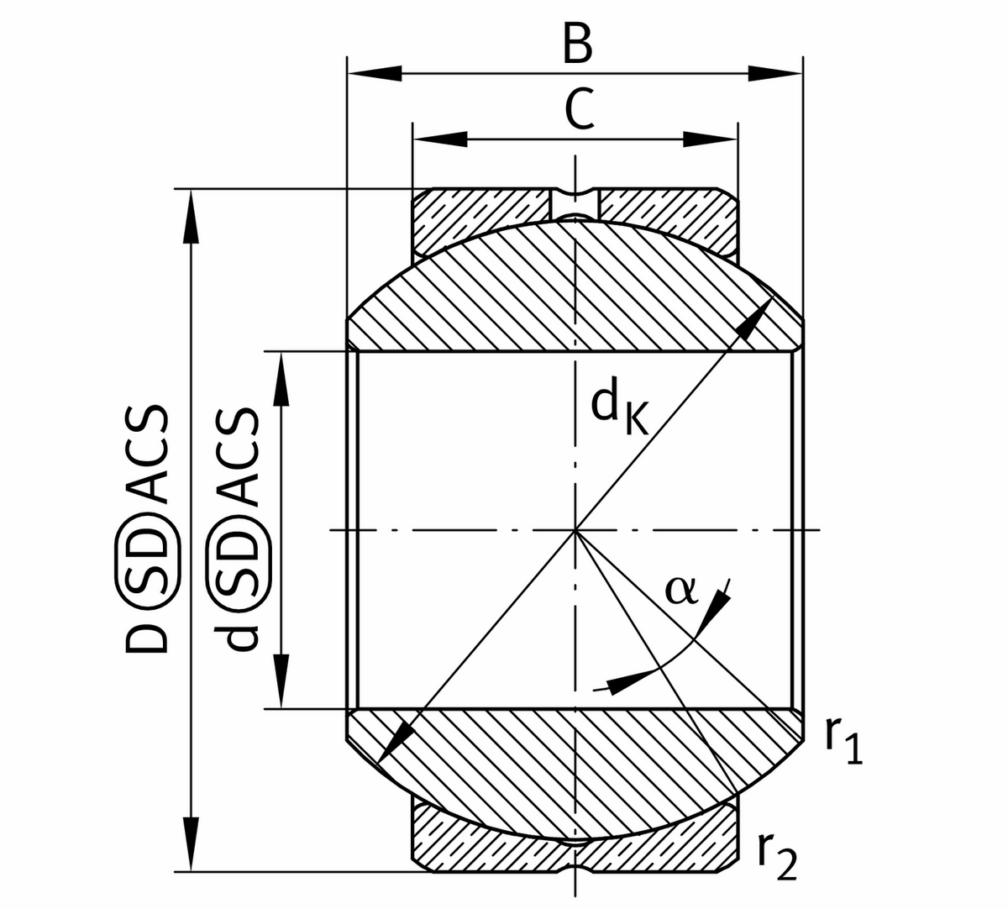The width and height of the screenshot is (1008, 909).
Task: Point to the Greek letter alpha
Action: (680, 591)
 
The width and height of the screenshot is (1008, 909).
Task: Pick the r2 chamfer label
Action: (775, 857)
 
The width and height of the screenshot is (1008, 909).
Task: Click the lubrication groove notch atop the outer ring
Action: (575, 202)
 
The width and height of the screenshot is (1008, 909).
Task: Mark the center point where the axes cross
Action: (575, 530)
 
